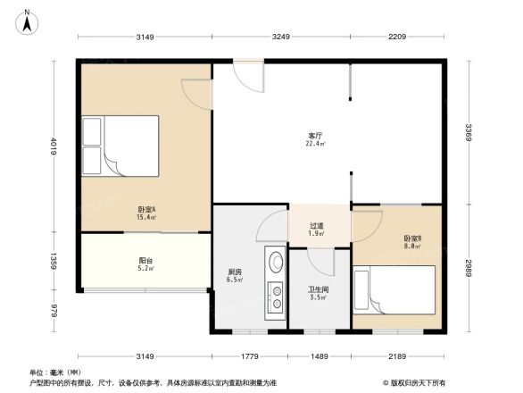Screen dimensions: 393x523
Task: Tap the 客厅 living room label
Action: click(315, 135)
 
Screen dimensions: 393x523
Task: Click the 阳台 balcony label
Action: click(145, 260)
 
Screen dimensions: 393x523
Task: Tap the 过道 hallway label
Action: click(317, 226)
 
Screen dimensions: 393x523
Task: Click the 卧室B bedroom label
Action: click(412, 238)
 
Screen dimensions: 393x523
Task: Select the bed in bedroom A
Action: click(120, 146)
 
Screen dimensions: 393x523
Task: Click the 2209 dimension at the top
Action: click(397, 38)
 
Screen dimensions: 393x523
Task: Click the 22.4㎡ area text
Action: click(315, 144)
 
